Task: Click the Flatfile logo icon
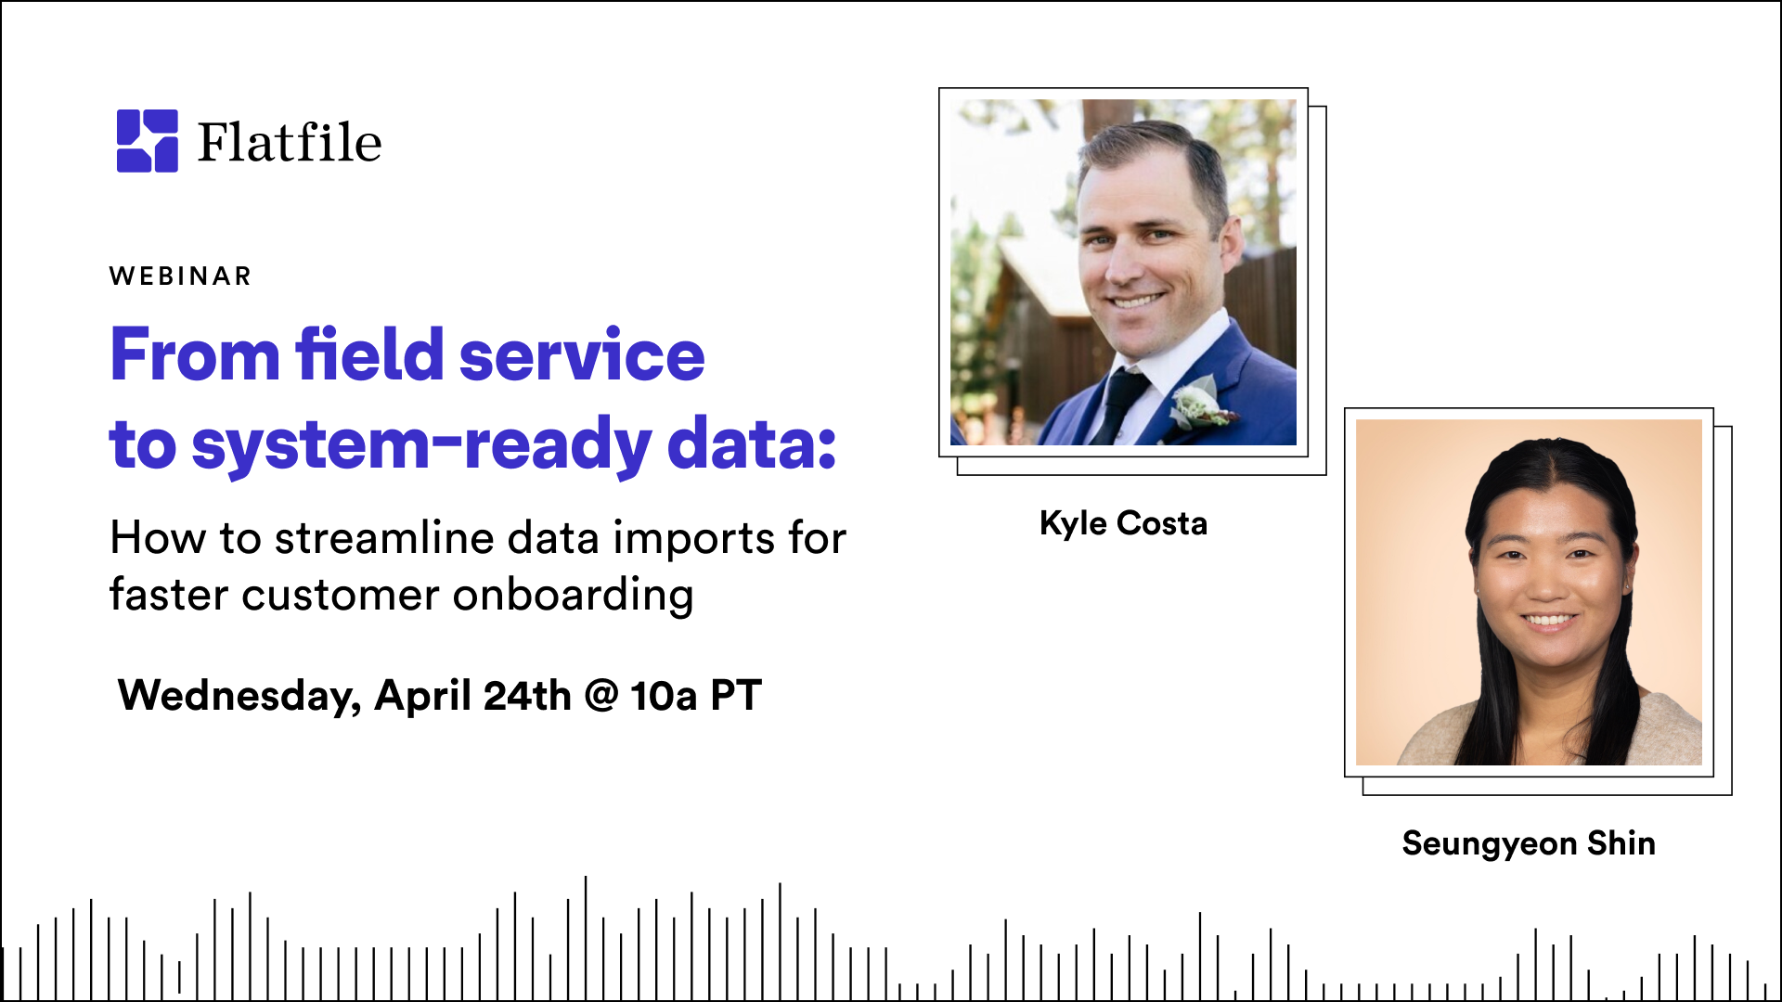(147, 141)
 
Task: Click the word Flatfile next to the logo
(290, 143)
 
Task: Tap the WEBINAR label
(180, 276)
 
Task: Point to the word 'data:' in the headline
(752, 443)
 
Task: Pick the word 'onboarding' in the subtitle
(573, 596)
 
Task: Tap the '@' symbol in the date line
(601, 695)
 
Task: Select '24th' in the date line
(527, 695)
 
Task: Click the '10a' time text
(664, 695)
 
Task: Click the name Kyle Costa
(1123, 523)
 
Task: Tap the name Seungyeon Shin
(1529, 843)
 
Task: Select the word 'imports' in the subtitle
(694, 538)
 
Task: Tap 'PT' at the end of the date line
(736, 695)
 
